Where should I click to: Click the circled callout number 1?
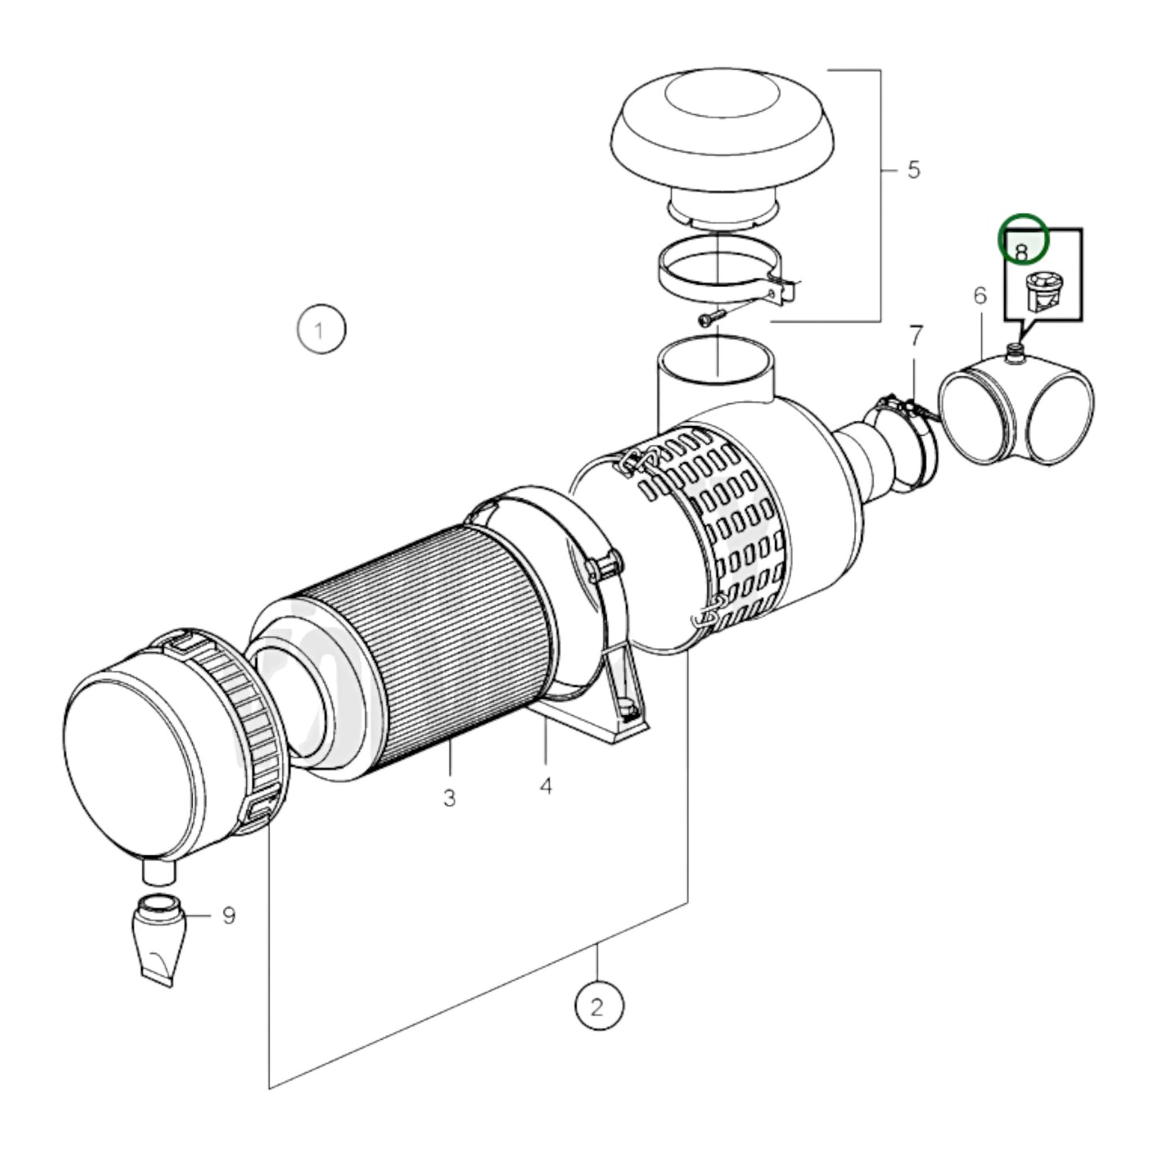pyautogui.click(x=321, y=329)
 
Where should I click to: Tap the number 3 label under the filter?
pyautogui.click(x=449, y=797)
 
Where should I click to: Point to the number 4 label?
pyautogui.click(x=545, y=786)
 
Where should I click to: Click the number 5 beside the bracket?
pyautogui.click(x=914, y=170)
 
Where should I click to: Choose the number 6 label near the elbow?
pyautogui.click(x=980, y=295)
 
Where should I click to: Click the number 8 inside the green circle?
pyautogui.click(x=1022, y=251)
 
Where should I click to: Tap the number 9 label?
pyautogui.click(x=229, y=914)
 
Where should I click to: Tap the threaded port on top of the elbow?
pyautogui.click(x=1015, y=352)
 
